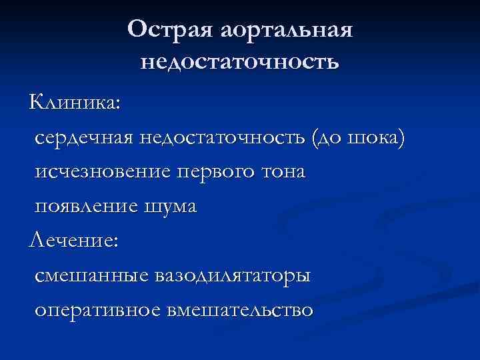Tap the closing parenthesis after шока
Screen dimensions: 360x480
coord(401,137)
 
